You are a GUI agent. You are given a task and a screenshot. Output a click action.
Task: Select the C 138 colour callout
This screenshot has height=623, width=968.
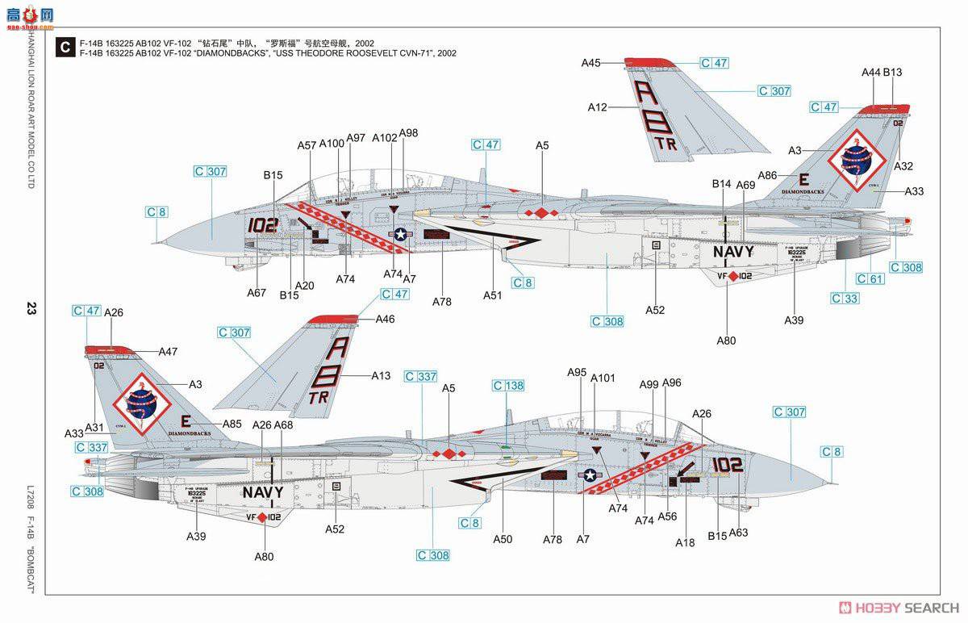[x=509, y=387]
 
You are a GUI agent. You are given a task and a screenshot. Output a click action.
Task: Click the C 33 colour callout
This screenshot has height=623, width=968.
[x=845, y=299]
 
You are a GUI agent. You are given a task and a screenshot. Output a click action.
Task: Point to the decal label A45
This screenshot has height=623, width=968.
[x=591, y=63]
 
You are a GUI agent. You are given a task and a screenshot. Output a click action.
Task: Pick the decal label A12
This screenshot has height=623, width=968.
[x=598, y=107]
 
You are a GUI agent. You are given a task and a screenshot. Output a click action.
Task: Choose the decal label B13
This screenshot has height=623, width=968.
[x=892, y=73]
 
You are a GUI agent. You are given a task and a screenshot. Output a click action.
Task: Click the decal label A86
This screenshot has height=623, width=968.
[x=767, y=175]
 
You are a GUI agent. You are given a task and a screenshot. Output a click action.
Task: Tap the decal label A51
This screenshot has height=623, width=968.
[x=492, y=295]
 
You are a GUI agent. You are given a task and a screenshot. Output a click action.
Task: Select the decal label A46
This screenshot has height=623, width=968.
[x=386, y=320]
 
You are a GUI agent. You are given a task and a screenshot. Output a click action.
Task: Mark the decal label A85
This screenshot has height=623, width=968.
[x=232, y=423]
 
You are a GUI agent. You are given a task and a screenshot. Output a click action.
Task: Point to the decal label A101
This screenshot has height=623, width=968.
[x=603, y=378]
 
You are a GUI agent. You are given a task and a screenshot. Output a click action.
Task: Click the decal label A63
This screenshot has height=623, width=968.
[x=738, y=533]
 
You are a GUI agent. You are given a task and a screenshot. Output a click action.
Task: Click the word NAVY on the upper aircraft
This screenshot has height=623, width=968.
[x=732, y=251]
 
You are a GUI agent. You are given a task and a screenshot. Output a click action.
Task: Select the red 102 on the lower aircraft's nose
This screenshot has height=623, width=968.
[x=728, y=465]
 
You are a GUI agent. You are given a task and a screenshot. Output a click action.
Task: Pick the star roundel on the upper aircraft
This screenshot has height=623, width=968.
[x=400, y=234]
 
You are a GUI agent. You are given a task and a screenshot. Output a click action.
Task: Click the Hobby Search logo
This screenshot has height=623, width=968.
[x=899, y=607]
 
